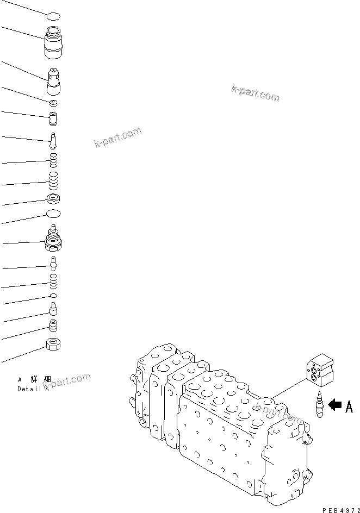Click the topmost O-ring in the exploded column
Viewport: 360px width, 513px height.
(x=53, y=17)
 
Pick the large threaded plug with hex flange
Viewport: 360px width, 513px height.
(x=53, y=239)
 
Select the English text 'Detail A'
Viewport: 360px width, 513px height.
(x=33, y=389)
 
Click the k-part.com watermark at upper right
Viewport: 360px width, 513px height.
(x=255, y=93)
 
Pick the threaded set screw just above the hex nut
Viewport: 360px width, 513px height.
(x=53, y=326)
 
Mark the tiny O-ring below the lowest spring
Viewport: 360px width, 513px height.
(x=53, y=296)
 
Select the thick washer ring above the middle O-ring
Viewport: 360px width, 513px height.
(x=53, y=198)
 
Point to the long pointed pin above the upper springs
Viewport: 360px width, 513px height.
(x=53, y=140)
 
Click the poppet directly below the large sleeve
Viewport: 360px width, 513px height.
(x=54, y=81)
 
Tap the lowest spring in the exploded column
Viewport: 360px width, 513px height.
(x=53, y=280)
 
